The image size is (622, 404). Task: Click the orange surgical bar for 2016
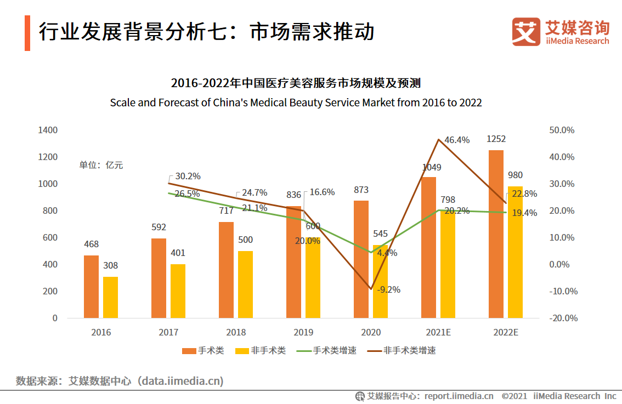tap(91, 287)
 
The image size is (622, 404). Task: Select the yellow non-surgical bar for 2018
tap(245, 284)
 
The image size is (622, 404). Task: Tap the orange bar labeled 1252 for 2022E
tap(496, 234)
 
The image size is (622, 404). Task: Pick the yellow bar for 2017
tap(178, 291)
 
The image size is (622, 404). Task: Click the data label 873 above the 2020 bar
tap(361, 190)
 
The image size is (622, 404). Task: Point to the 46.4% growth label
tap(456, 140)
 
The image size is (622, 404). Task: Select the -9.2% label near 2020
tap(388, 289)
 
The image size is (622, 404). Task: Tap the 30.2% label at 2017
tap(188, 177)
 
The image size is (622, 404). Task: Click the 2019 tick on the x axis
tap(303, 332)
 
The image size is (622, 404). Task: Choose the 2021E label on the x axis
tap(438, 332)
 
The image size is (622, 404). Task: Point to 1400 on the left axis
tap(48, 130)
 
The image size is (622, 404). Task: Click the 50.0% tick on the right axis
tap(561, 130)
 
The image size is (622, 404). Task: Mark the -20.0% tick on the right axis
tap(561, 318)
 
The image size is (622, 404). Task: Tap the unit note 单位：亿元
tap(101, 165)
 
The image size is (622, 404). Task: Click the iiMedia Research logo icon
tap(526, 32)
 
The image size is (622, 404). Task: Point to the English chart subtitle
tap(296, 103)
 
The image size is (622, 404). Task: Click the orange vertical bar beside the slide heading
tap(27, 33)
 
